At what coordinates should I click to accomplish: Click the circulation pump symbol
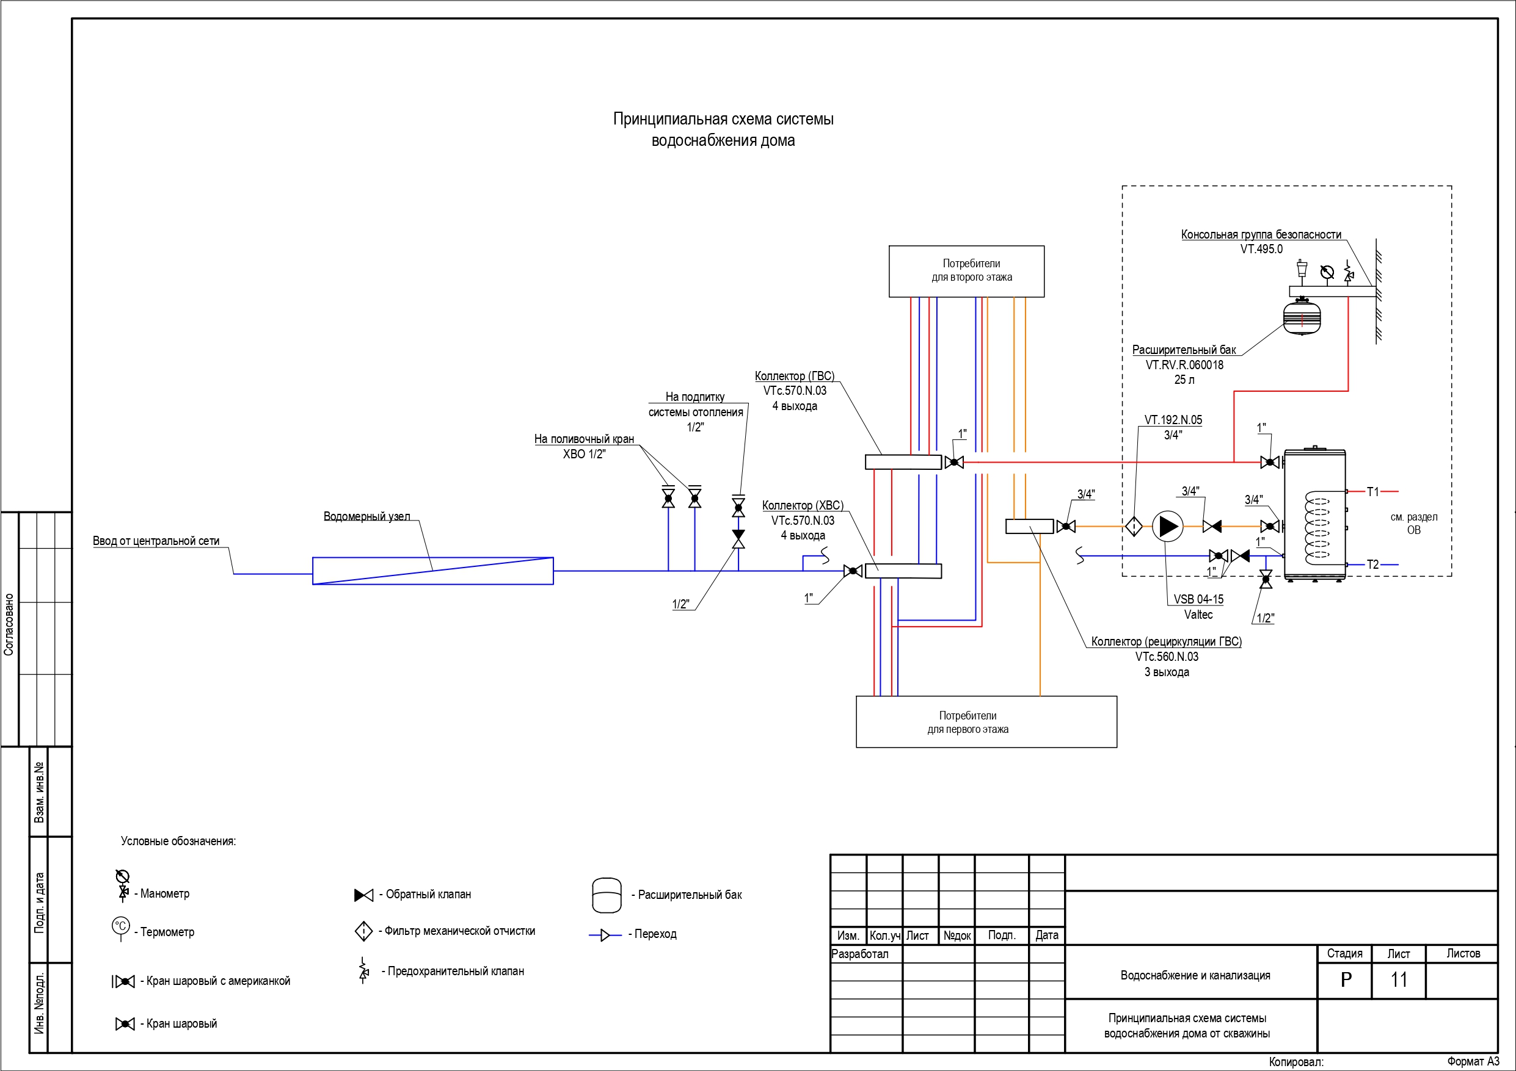1167,527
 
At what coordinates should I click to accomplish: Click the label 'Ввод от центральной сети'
156,541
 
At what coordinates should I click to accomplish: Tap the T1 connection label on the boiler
1372,492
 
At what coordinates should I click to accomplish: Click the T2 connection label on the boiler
1372,565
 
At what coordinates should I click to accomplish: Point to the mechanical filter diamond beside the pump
1134,527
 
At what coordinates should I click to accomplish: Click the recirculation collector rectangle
1029,527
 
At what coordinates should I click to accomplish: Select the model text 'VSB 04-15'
1198,599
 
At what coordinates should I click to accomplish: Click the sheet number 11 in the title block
1399,980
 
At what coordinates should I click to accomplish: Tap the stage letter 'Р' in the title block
1346,980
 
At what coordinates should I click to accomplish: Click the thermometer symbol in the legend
121,927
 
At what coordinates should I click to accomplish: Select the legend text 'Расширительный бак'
690,895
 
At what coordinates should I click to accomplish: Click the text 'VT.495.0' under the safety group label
1261,250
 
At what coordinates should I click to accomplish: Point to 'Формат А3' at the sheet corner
1473,1062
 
